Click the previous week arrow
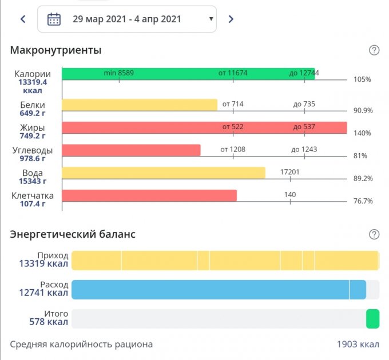[x=23, y=19]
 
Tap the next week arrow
[x=231, y=19]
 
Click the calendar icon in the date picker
[x=54, y=19]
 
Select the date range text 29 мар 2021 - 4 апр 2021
[x=127, y=19]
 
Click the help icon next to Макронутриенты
[x=374, y=50]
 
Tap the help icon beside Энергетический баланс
[x=374, y=234]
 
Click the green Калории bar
[x=188, y=74]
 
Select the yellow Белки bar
[x=140, y=105]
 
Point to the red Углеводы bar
[x=131, y=150]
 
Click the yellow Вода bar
[x=164, y=173]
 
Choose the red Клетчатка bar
[x=149, y=195]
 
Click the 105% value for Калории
[x=362, y=79]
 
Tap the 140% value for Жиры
[x=362, y=133]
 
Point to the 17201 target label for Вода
[x=289, y=171]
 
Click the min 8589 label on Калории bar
[x=118, y=73]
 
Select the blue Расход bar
[x=217, y=290]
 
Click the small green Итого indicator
[x=372, y=319]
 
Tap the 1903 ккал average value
[x=358, y=345]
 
